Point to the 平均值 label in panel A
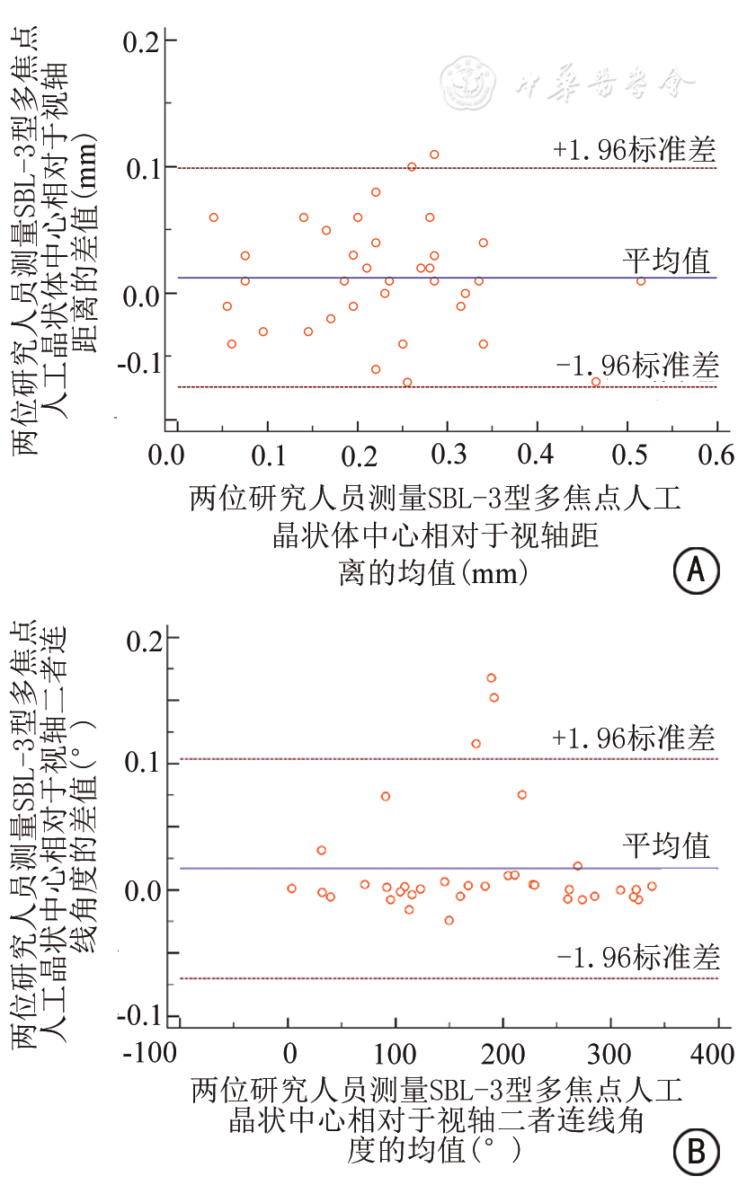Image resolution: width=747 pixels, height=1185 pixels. tap(667, 261)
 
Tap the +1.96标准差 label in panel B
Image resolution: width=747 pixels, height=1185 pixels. tap(635, 738)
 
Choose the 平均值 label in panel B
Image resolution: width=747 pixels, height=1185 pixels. tap(667, 846)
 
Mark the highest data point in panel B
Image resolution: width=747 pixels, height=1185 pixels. tap(491, 678)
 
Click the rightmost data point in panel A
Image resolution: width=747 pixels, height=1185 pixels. tap(641, 281)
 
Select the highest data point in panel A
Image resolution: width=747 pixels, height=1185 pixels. tap(434, 155)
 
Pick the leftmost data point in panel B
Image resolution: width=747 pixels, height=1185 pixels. tap(291, 889)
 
